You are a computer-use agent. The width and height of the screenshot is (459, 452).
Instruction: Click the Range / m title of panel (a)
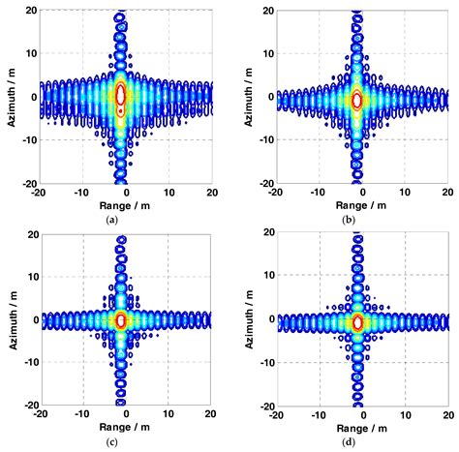[x=121, y=204]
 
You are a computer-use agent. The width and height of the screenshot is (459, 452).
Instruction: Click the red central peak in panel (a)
[x=120, y=95]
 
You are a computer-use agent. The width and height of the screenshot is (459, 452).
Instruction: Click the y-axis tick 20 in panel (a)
[x=31, y=12]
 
